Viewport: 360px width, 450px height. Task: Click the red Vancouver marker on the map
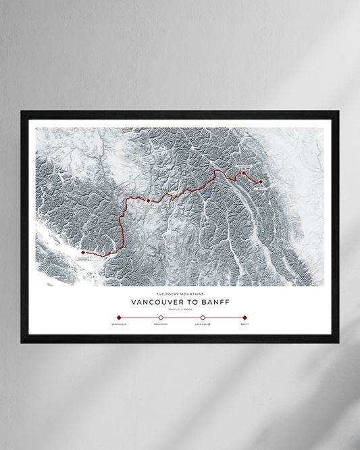coord(83,252)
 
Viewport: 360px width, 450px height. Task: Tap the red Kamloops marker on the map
coord(148,200)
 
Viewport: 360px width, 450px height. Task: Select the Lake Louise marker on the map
coord(244,173)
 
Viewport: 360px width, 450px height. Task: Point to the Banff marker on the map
coord(261,181)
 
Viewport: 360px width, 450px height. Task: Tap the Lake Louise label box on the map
coord(244,166)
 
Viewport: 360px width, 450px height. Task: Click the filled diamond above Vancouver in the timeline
coord(119,317)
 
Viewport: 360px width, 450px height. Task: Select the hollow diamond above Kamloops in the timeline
coord(161,317)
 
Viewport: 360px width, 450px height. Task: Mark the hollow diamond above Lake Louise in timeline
coord(203,317)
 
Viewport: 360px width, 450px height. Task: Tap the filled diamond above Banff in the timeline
coord(245,317)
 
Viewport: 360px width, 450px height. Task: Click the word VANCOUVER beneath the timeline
coord(119,324)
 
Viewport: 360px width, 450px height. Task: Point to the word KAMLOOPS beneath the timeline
coord(161,324)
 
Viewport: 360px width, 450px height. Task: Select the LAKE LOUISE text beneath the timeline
coord(203,324)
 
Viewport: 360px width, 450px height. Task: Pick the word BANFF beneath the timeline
coord(245,324)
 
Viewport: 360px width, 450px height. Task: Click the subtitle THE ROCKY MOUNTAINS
coord(180,294)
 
